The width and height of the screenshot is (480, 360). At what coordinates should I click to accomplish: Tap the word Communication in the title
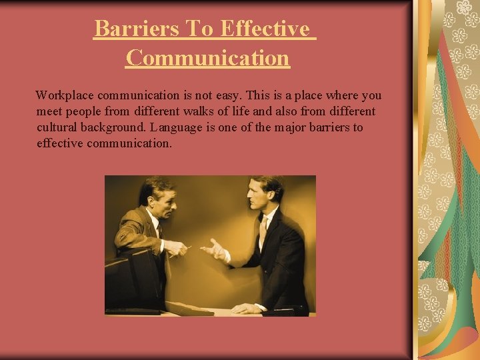click(x=207, y=59)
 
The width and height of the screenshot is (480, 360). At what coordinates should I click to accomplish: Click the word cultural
click(x=58, y=127)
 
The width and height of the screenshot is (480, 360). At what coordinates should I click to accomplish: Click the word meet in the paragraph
click(x=49, y=111)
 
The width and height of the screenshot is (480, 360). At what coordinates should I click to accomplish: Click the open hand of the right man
click(x=214, y=250)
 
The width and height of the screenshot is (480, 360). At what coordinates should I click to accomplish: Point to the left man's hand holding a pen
click(x=175, y=248)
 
